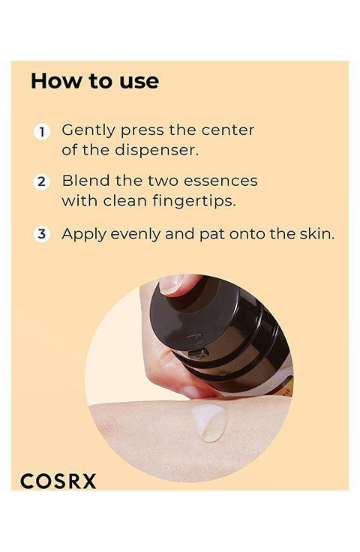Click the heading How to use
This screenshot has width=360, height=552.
[x=94, y=81]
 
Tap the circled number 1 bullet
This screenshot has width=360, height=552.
[x=42, y=132]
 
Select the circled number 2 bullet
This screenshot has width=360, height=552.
[x=41, y=182]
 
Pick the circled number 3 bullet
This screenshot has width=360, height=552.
[x=41, y=234]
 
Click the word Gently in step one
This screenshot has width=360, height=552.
[x=88, y=130]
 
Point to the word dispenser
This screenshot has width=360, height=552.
[x=157, y=151]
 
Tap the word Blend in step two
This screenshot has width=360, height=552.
[x=85, y=181]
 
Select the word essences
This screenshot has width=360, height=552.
[x=220, y=181]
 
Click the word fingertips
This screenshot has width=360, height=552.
[x=194, y=201]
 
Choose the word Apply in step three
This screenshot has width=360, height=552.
[x=84, y=235]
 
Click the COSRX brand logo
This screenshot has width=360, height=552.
[x=58, y=481]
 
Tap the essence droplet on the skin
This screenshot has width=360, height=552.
[x=210, y=422]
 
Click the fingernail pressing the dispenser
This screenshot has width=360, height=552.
[x=172, y=284]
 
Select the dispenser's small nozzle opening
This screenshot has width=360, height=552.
[x=198, y=353]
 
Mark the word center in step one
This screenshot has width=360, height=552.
[x=228, y=130]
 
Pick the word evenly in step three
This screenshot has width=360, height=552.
[x=136, y=235]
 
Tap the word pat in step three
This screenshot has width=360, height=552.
[x=212, y=235]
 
